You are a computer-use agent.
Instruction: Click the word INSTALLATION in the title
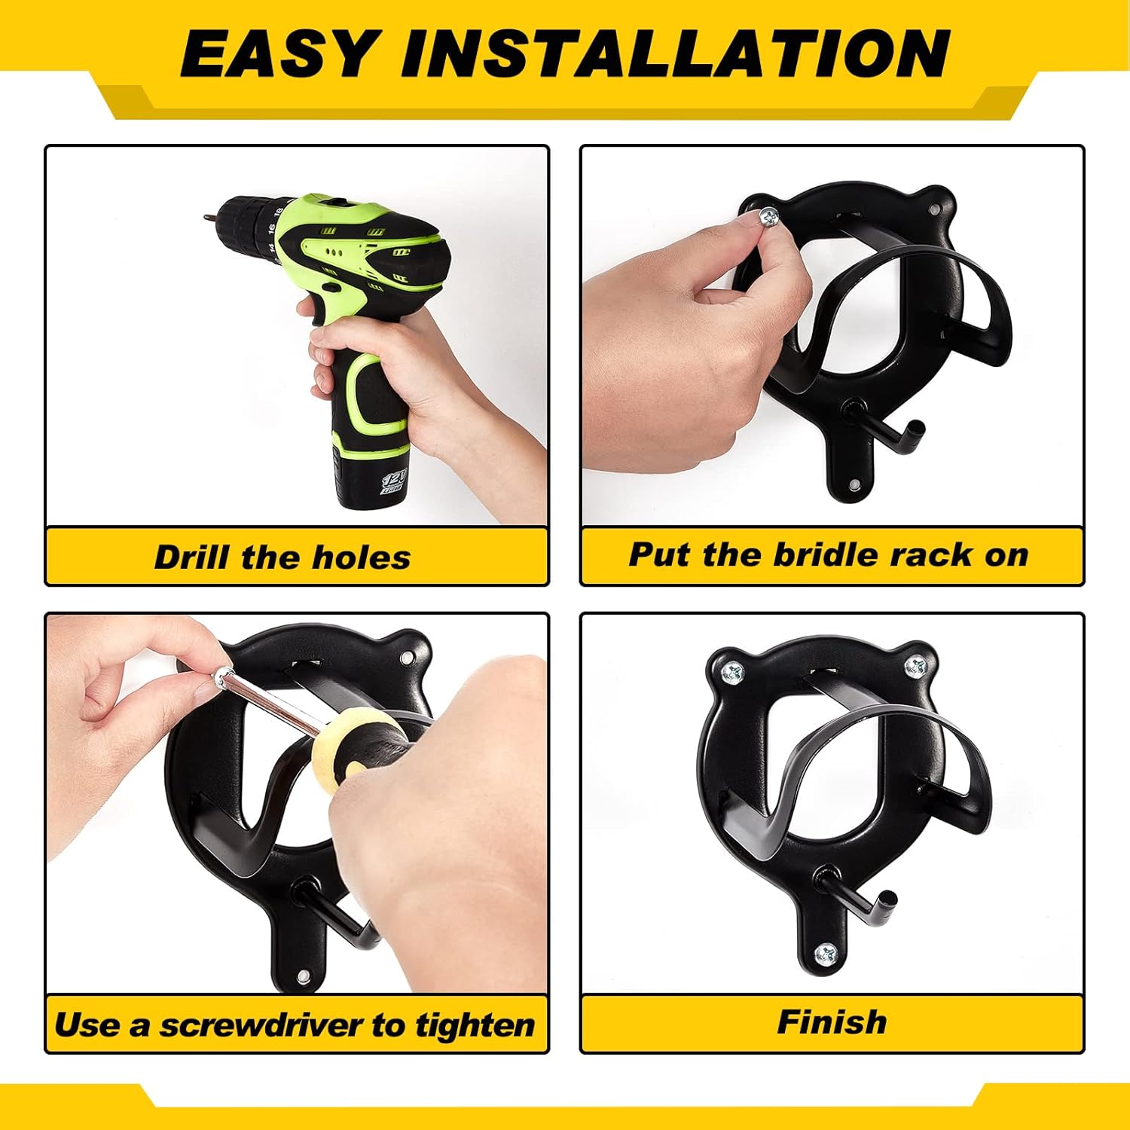click(675, 54)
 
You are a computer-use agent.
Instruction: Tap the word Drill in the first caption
click(191, 557)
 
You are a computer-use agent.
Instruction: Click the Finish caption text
click(832, 1022)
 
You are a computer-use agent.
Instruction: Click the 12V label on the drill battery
click(394, 481)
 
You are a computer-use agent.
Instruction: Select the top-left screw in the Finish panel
click(731, 672)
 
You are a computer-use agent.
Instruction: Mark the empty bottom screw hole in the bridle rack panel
click(855, 484)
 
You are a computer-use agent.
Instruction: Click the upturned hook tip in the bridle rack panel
click(915, 429)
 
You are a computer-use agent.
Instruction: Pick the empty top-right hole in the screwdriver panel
click(408, 658)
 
